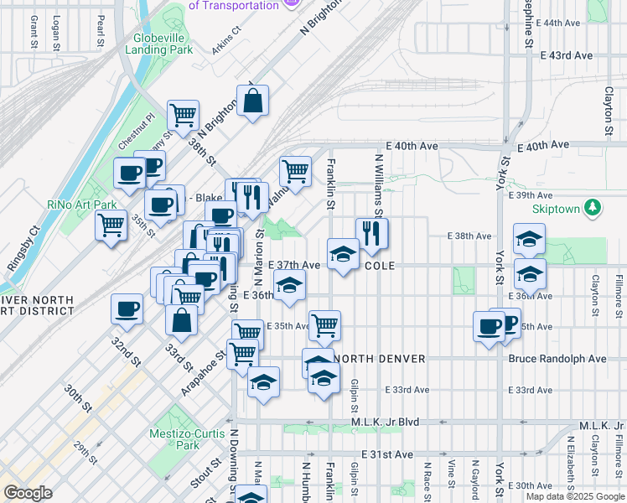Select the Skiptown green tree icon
coord(593,206)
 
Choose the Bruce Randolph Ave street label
coord(557,359)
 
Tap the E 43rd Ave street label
coord(567,55)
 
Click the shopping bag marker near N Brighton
coord(252,102)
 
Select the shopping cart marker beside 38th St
coord(182,114)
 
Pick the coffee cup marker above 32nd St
coord(127,309)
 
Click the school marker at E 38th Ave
coord(529,241)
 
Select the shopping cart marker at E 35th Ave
coord(324,324)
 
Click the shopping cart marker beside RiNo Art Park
coord(111,225)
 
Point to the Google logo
coord(27,493)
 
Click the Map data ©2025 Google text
coord(575,496)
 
